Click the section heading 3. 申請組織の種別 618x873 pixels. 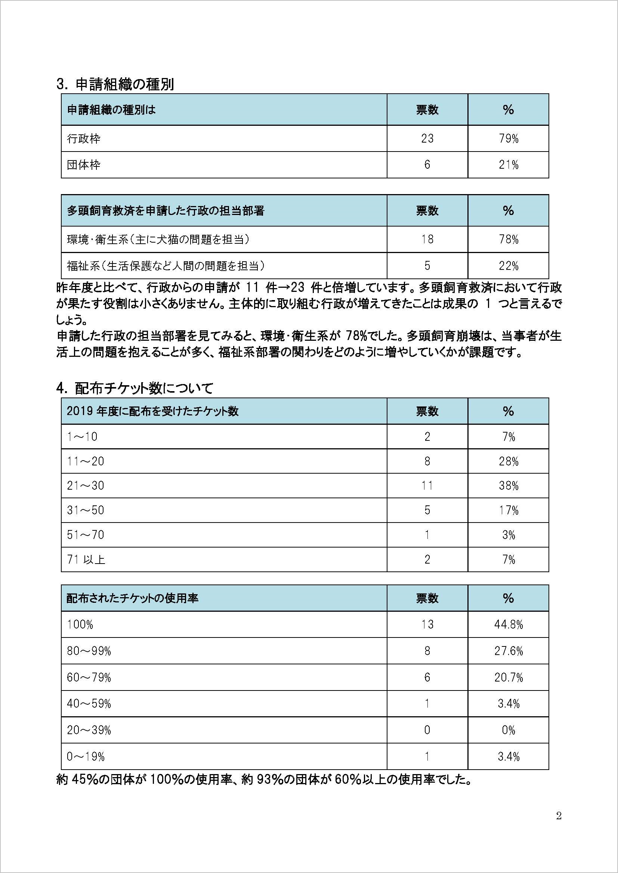pos(115,84)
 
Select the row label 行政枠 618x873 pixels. pos(84,139)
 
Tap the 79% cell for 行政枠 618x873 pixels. pos(509,139)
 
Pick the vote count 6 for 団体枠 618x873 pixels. pos(427,165)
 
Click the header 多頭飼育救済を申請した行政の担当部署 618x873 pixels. pos(166,211)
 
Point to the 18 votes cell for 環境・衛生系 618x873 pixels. pos(427,239)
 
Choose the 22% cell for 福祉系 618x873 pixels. pos(509,266)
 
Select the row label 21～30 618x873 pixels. pos(86,486)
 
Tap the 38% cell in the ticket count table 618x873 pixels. pos(509,486)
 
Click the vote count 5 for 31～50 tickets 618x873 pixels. pos(427,510)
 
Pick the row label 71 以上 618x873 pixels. pos(86,559)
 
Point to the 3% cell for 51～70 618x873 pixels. pos(509,535)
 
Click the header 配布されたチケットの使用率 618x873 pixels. pos(132,598)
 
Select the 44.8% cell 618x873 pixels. pos(509,625)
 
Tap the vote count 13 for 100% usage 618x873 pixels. pos(427,625)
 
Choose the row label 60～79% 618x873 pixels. pos(89,677)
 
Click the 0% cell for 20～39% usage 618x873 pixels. pos(509,730)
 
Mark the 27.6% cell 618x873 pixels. pos(509,651)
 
